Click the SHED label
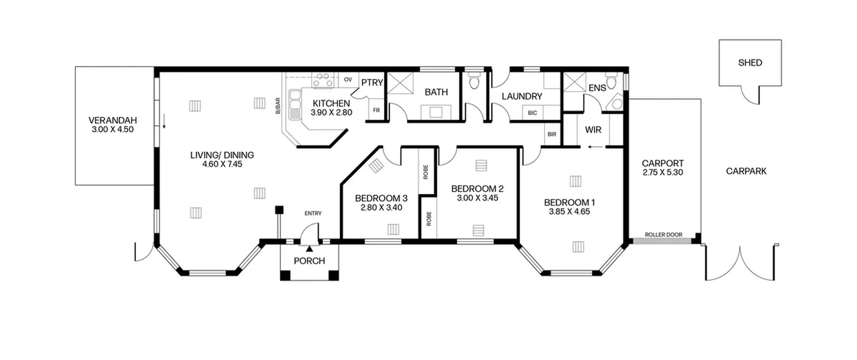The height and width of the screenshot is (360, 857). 750,63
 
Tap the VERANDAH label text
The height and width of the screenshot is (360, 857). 113,120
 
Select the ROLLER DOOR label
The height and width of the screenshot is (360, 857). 664,235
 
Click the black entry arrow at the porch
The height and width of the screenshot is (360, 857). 309,248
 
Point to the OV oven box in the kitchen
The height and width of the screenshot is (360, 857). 348,80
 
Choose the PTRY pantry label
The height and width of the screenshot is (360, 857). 372,82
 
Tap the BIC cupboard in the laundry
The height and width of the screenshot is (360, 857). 532,113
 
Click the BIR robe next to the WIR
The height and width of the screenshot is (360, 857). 552,134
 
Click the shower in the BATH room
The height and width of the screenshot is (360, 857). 400,83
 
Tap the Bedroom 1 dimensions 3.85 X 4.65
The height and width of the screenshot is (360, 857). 569,211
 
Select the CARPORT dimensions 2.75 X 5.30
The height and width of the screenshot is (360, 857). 663,172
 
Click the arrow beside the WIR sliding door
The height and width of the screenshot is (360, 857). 596,147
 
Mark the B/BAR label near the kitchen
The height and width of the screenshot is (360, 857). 278,105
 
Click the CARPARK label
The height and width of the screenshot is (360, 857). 746,171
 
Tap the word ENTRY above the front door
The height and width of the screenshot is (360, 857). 313,213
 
